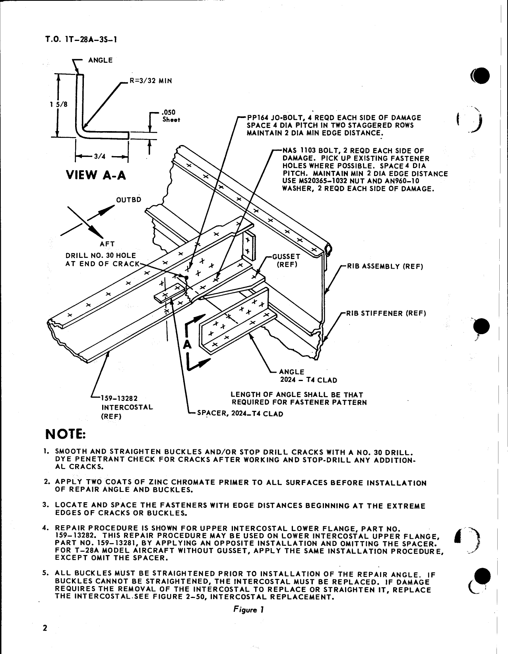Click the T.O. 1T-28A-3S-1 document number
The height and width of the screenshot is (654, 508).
click(81, 40)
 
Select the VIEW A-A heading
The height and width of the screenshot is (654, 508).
click(96, 174)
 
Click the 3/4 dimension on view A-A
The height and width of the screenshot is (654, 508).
click(97, 157)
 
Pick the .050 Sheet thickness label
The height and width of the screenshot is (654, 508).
click(171, 116)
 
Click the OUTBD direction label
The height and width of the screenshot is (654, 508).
click(128, 199)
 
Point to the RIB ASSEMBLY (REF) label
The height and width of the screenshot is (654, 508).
click(385, 266)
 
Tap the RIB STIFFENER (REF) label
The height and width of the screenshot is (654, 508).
click(386, 313)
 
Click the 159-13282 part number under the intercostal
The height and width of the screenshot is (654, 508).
click(119, 399)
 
